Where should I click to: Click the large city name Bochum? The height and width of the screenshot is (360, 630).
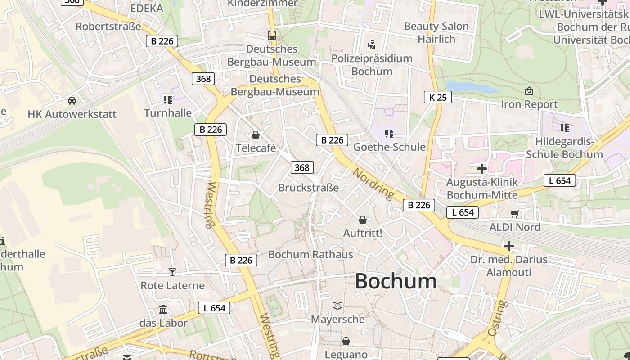pos(396,281)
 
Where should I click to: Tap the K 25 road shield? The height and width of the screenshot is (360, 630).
pos(437,97)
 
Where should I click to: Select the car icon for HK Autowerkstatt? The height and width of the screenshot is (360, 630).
pos(72,100)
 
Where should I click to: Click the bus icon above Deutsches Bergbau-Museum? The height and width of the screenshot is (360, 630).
pos(272,35)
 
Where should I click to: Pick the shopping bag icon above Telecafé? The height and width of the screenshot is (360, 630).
pos(256,135)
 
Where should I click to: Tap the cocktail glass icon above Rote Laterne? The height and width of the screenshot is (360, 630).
pos(172,272)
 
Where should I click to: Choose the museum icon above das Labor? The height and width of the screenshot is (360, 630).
pos(163,310)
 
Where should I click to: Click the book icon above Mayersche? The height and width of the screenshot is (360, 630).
pos(337,306)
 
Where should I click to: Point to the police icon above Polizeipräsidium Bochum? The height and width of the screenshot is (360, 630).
pos(371,45)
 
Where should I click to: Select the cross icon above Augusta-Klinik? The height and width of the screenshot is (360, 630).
pos(482,169)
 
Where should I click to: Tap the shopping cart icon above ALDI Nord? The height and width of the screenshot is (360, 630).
pos(515,214)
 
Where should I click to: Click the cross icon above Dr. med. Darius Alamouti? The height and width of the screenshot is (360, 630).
pos(509,246)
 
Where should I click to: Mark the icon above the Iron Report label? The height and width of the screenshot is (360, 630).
pos(529,91)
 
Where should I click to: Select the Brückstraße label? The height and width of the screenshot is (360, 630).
pos(308,188)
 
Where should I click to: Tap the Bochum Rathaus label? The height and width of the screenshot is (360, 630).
pos(310,254)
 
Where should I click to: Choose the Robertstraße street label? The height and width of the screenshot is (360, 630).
pos(108,26)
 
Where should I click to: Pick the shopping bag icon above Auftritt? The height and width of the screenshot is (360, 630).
pos(363,220)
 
